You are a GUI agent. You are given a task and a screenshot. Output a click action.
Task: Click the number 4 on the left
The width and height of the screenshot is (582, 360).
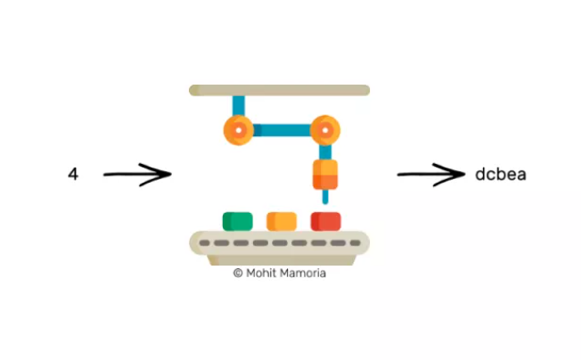(73, 174)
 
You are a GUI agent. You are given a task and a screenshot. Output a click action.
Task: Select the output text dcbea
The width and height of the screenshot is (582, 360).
(501, 174)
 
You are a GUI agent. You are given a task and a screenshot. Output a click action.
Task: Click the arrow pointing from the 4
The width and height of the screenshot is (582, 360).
(135, 174)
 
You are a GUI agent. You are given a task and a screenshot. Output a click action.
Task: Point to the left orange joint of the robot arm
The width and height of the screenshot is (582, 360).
(238, 130)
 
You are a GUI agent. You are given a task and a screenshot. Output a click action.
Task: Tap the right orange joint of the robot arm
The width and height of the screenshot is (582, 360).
(325, 130)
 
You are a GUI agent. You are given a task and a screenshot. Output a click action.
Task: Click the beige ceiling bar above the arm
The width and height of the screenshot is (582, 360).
(279, 90)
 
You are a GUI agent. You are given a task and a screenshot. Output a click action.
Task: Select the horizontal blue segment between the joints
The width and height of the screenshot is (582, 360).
(282, 130)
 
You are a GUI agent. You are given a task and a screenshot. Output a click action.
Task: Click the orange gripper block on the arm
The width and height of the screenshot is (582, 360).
(325, 174)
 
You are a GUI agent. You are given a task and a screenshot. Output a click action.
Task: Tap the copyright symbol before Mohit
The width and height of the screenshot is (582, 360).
(238, 274)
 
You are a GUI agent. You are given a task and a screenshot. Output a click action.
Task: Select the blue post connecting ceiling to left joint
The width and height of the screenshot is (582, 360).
(238, 105)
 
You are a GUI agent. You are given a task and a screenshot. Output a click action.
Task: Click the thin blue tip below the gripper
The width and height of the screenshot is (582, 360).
(325, 197)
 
